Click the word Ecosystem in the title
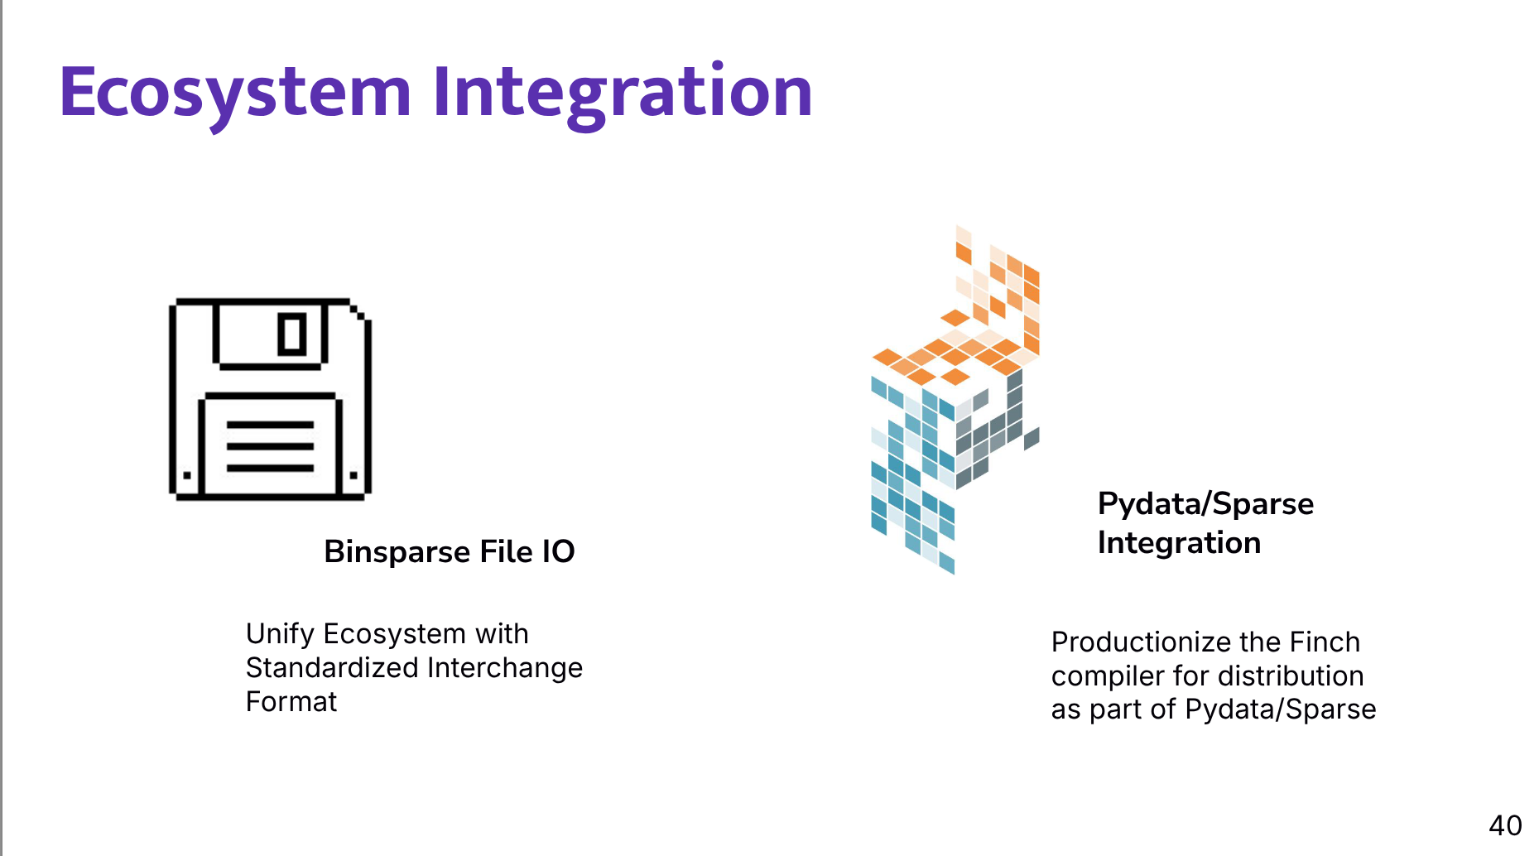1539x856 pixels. click(235, 93)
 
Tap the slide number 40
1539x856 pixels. click(1504, 825)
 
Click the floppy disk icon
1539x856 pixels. click(270, 399)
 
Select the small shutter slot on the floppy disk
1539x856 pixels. click(291, 334)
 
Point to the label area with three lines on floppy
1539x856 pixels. click(270, 446)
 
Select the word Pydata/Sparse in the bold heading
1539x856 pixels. click(1205, 504)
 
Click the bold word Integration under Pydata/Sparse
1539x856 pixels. click(1178, 543)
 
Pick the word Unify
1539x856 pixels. click(280, 634)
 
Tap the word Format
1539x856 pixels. click(291, 702)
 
